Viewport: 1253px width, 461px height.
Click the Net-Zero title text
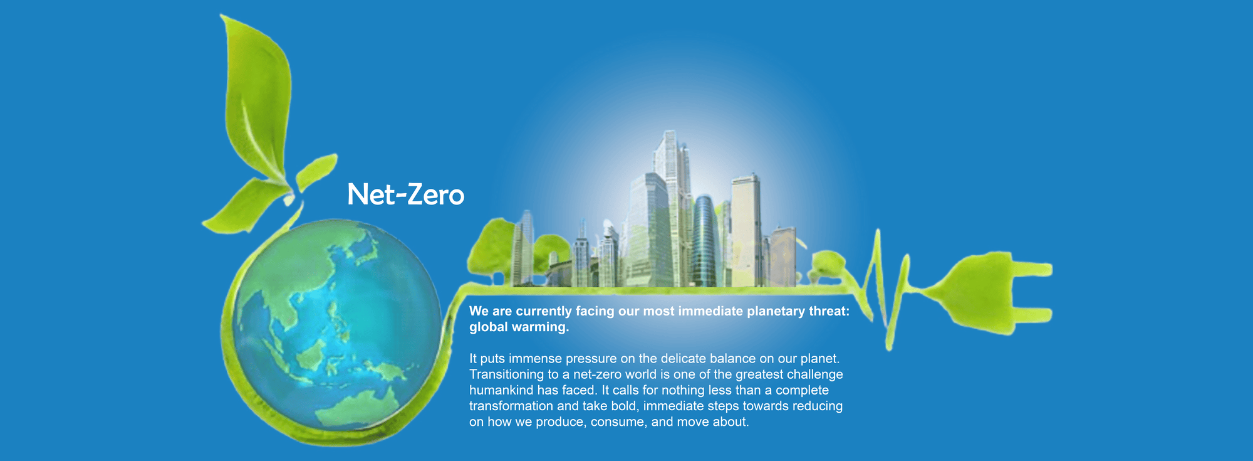coord(406,194)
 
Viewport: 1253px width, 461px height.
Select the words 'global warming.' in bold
coord(519,327)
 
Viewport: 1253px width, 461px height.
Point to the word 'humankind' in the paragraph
coord(501,390)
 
